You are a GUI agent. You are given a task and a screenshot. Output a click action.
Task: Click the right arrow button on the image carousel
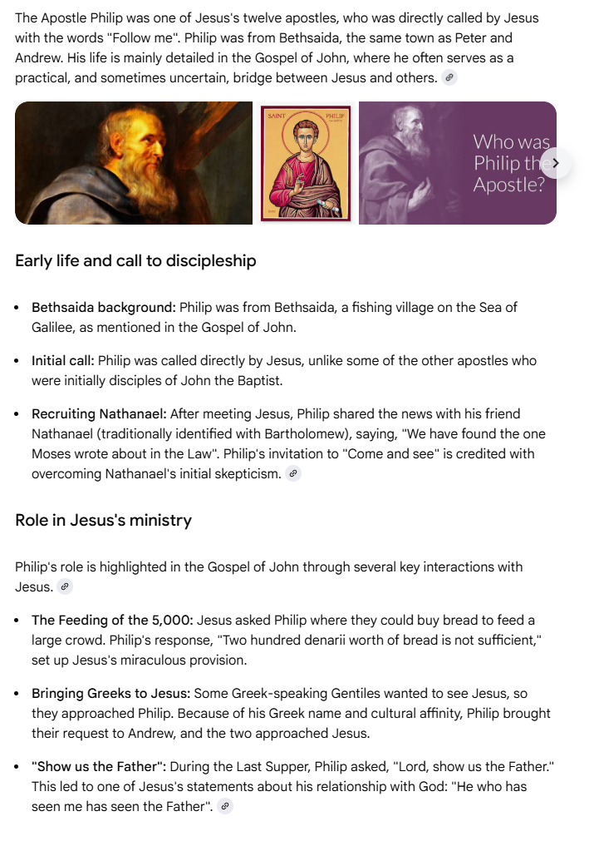coord(555,163)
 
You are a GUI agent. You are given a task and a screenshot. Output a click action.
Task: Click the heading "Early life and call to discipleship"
coord(135,260)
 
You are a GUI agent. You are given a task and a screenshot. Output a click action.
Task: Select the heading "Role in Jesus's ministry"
coord(103,520)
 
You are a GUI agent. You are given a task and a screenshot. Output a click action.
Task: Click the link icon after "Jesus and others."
coord(449,78)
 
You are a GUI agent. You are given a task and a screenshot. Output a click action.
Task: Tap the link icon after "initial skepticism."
coord(292,474)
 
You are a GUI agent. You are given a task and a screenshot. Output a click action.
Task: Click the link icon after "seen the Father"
coord(225,807)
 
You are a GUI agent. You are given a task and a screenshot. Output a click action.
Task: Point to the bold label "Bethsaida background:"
coord(104,308)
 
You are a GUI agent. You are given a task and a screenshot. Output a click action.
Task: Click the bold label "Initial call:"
coord(63,361)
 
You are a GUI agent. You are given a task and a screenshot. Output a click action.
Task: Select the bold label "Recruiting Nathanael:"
coord(99,414)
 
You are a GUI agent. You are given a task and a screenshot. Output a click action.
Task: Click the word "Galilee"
coord(52,328)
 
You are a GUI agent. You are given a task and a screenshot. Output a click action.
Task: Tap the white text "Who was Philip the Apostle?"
coord(508,163)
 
